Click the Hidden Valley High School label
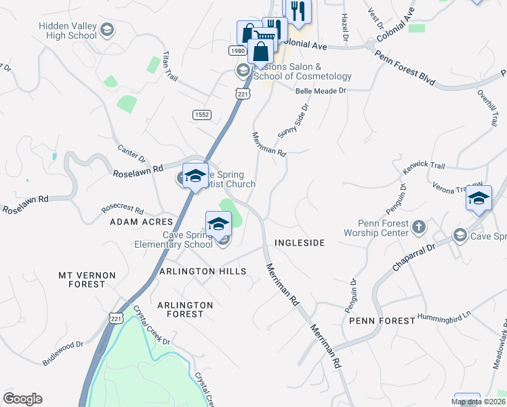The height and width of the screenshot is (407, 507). [68, 31]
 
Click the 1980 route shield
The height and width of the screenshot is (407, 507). [237, 51]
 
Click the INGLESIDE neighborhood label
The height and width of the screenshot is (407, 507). [300, 242]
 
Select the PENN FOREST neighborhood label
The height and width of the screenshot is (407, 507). [382, 320]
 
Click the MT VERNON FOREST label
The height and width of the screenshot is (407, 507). [87, 279]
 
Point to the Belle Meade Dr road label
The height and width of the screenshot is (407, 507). [321, 90]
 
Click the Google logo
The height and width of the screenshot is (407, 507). [22, 399]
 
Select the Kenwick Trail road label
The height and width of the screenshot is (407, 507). [422, 166]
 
